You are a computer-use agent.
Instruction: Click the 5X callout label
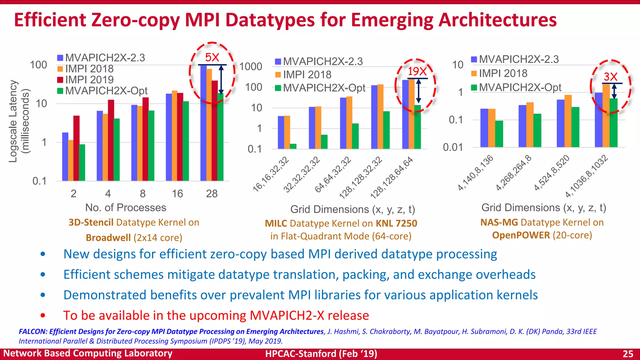point(212,57)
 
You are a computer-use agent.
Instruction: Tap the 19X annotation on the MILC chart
point(417,72)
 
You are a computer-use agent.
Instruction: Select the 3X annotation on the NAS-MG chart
point(610,77)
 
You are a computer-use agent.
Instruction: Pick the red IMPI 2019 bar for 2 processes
point(77,148)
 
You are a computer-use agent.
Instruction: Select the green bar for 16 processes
point(186,141)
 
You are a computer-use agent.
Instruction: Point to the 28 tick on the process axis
point(212,194)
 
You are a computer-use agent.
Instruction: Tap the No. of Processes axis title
point(126,208)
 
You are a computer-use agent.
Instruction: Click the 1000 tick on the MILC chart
point(251,67)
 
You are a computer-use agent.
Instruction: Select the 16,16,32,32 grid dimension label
point(271,174)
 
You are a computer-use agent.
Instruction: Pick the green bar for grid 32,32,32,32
point(324,142)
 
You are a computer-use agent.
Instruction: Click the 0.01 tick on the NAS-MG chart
point(453,147)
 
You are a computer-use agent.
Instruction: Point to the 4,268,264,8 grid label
point(513,173)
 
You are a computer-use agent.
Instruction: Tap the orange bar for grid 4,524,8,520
point(568,121)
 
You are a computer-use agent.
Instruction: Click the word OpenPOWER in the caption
point(521,235)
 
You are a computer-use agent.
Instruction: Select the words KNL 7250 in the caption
point(396,223)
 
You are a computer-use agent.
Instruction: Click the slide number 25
point(628,354)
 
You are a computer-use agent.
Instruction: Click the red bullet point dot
point(43,315)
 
